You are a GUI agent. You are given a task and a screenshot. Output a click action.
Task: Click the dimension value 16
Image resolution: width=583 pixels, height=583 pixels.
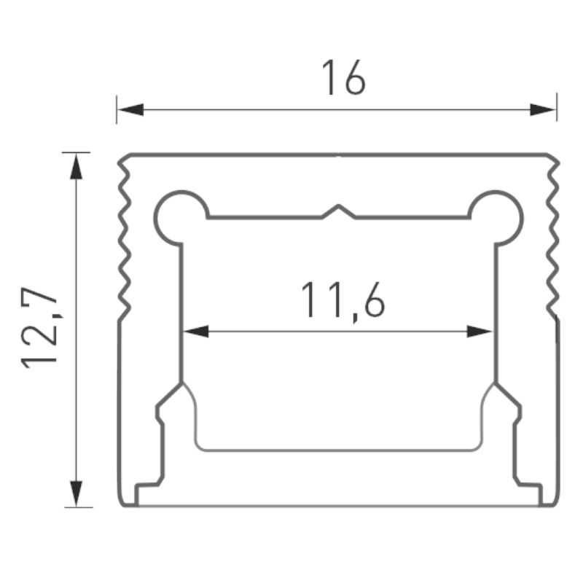pyautogui.click(x=343, y=79)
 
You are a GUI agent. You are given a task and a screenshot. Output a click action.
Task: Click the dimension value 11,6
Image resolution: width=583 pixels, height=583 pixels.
pyautogui.click(x=343, y=300)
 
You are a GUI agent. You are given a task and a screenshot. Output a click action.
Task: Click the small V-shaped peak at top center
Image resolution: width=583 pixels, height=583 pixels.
pyautogui.click(x=338, y=211)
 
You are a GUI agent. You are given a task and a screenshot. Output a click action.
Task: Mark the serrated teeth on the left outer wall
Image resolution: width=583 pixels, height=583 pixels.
pyautogui.click(x=124, y=240)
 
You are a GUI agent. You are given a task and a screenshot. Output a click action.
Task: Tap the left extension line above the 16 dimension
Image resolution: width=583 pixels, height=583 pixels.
pyautogui.click(x=117, y=107)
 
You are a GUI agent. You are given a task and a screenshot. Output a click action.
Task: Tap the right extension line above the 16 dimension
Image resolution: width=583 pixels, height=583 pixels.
pyautogui.click(x=557, y=107)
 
